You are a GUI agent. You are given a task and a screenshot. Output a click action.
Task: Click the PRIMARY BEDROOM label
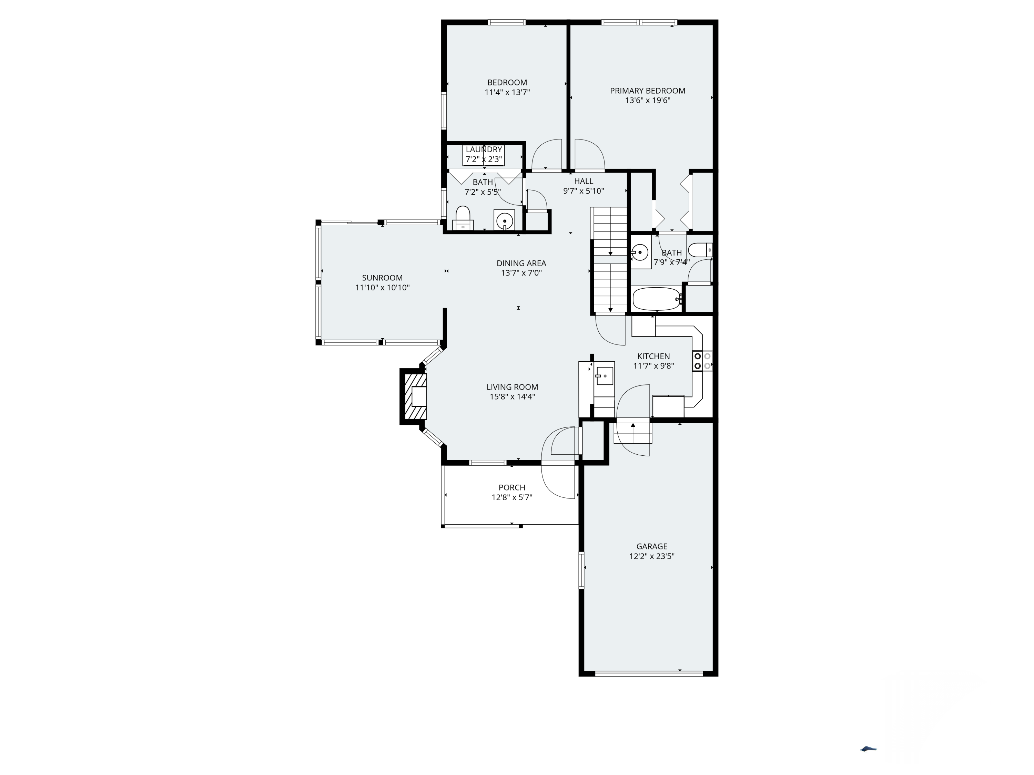647,91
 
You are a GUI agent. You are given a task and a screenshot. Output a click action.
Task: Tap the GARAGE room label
652,546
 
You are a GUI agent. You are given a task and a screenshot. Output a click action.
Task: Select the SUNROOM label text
382,278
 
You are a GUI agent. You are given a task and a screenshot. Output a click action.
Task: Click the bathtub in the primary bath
656,299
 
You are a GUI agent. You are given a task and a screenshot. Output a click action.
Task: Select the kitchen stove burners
702,361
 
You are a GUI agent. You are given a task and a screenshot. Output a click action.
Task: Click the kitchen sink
604,375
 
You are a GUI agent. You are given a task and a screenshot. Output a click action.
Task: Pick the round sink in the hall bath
504,220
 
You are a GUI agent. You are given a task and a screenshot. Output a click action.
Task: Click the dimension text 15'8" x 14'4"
512,396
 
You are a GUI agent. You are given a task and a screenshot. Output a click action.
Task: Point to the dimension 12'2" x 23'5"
652,556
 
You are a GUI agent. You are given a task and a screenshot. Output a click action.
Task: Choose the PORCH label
512,487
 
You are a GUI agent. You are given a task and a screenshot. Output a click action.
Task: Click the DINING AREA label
521,263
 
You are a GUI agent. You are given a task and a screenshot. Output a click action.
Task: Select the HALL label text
584,181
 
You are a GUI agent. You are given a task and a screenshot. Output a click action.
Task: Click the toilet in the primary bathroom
700,250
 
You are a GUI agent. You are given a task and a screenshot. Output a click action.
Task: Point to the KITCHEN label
653,356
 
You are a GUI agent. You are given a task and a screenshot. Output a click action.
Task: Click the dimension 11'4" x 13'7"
507,92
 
